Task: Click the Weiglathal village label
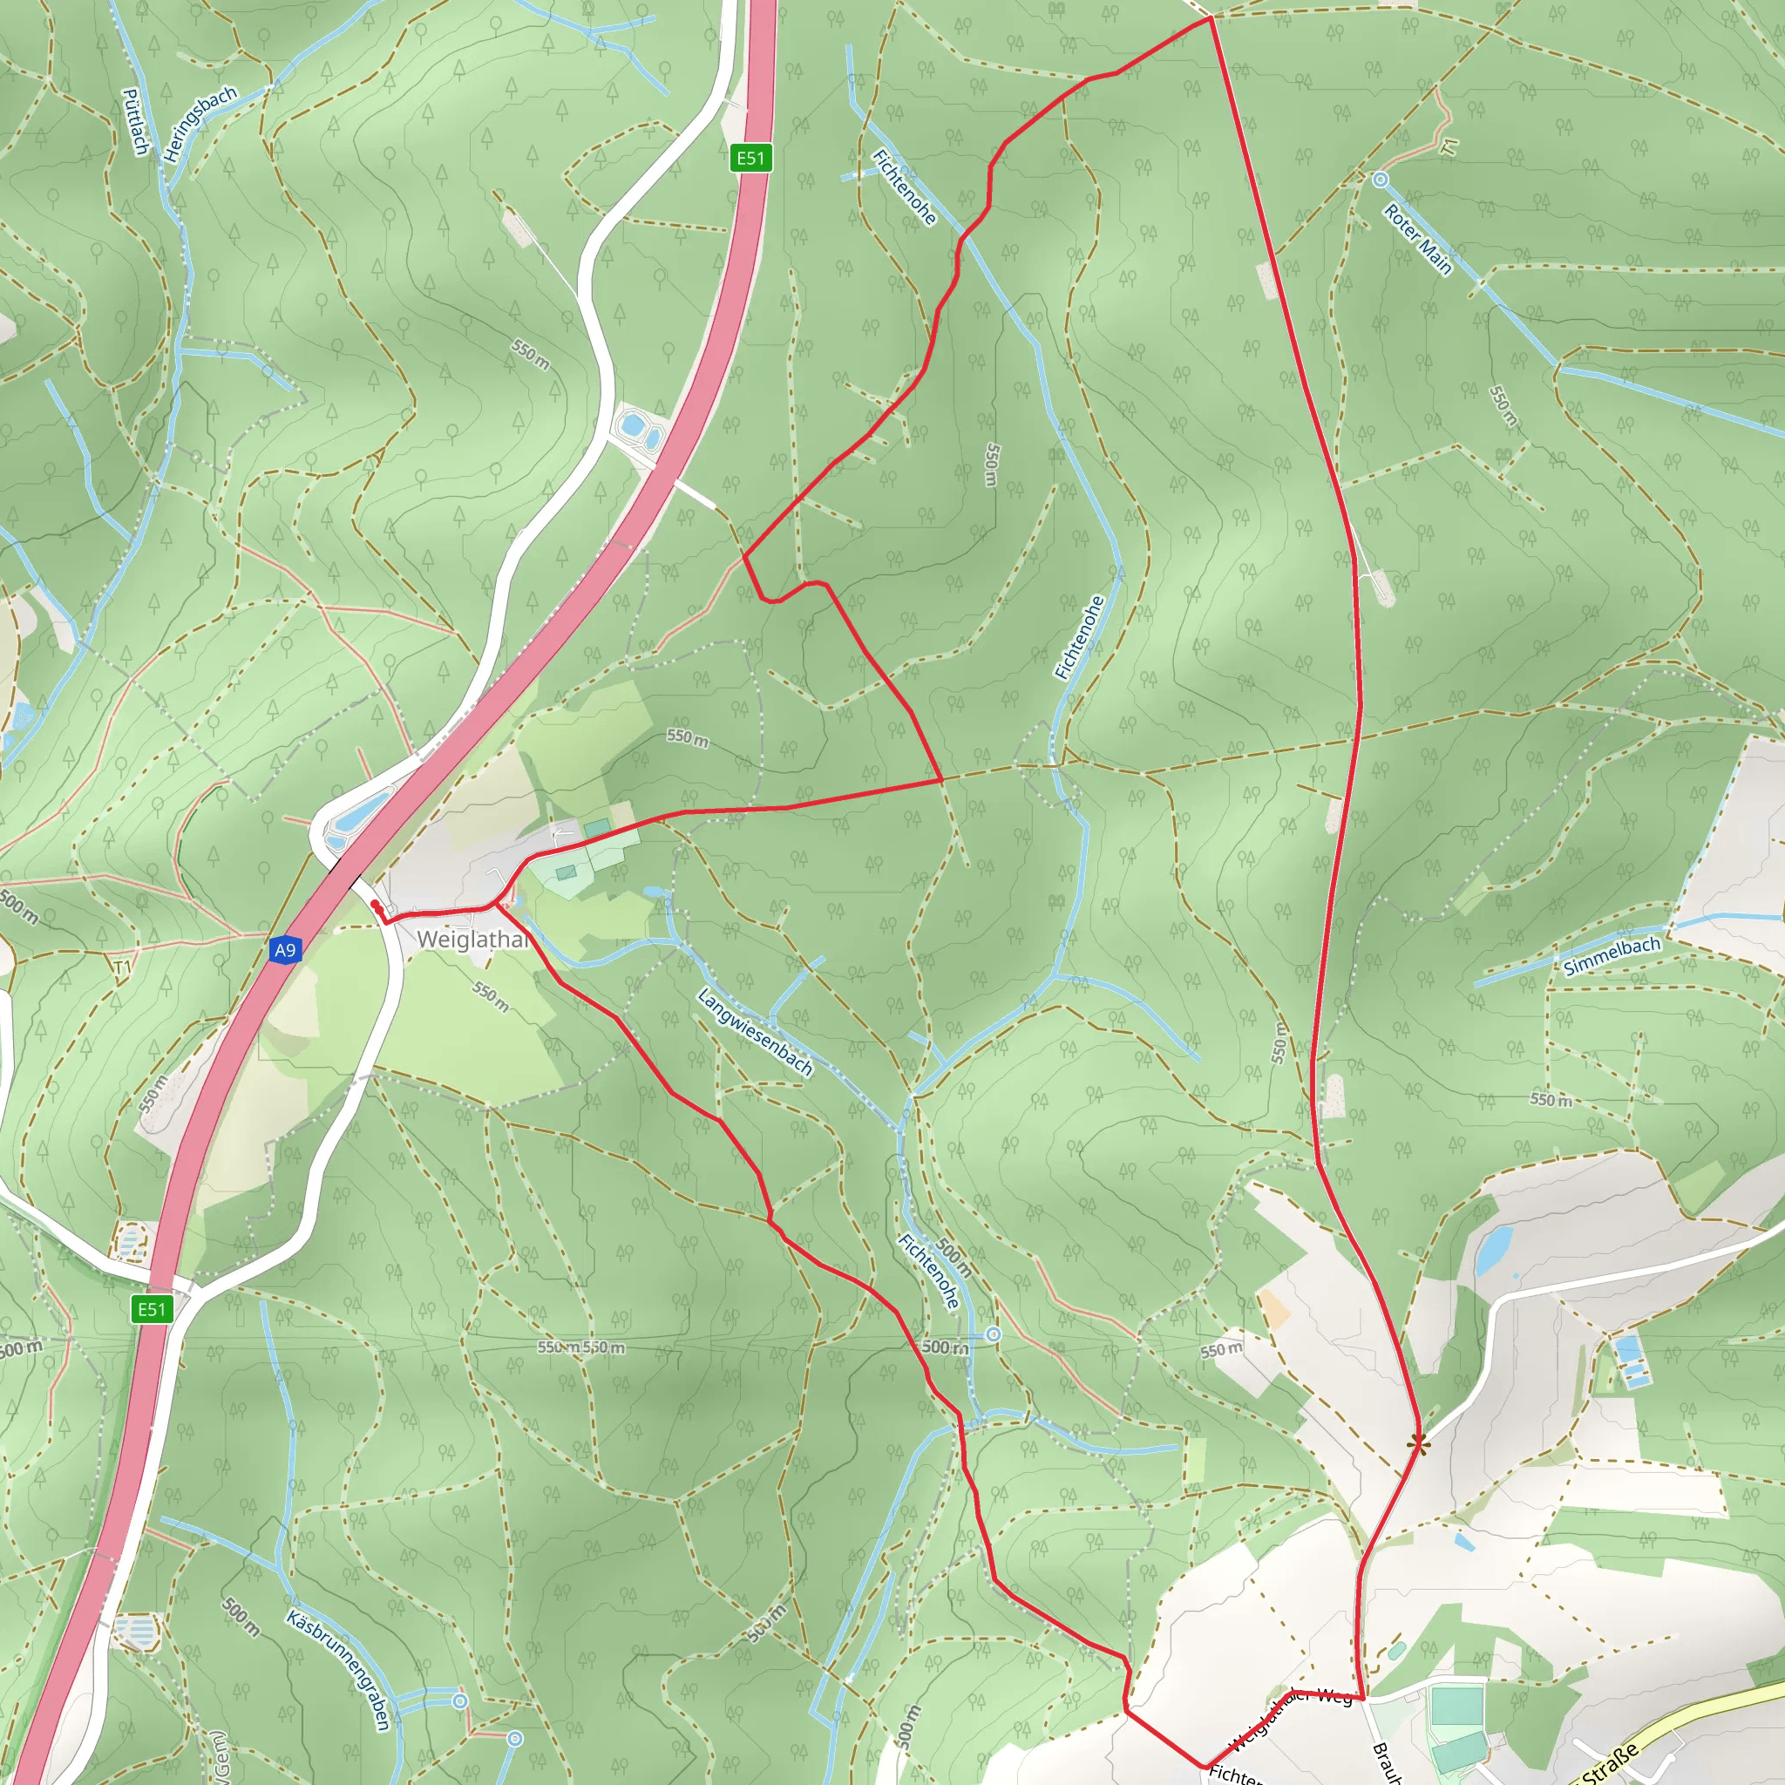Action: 472,940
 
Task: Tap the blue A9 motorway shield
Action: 284,950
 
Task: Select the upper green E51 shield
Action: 750,158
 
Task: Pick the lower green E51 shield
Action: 152,1309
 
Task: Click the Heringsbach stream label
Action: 200,124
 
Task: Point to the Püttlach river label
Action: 135,121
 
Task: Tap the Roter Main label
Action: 1417,241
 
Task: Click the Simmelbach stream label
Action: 1612,956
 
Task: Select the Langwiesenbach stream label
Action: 755,1032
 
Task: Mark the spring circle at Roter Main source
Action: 1380,180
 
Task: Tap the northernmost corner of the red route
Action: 1211,17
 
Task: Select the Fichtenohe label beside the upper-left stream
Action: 904,187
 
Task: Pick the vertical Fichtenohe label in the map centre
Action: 1079,637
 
